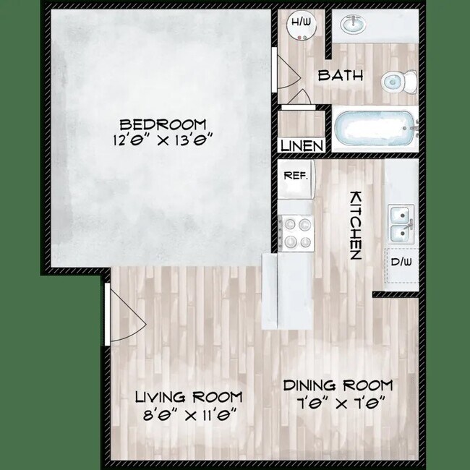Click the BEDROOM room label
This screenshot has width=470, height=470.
pyautogui.click(x=163, y=124)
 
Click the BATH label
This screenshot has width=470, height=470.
pyautogui.click(x=341, y=75)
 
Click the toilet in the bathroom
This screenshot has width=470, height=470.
pyautogui.click(x=398, y=81)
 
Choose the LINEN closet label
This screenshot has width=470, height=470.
pyautogui.click(x=302, y=145)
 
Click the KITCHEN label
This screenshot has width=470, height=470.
pyautogui.click(x=356, y=225)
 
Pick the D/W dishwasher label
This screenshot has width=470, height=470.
pyautogui.click(x=399, y=262)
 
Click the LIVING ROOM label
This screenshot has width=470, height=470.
pyautogui.click(x=189, y=397)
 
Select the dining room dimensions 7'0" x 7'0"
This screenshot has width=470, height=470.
pyautogui.click(x=338, y=401)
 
